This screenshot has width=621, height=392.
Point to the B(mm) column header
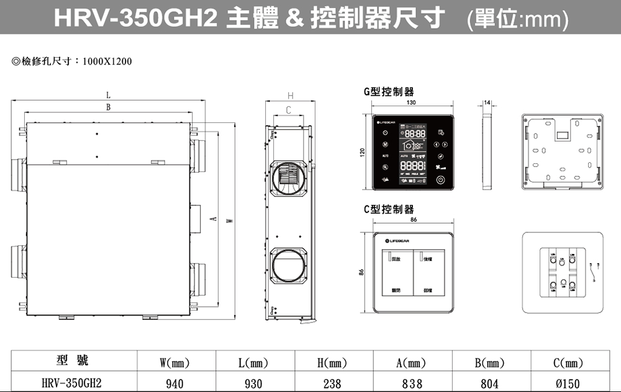[x=489, y=362]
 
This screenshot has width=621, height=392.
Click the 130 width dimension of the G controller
[x=411, y=103]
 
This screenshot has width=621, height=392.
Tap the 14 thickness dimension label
[x=486, y=102]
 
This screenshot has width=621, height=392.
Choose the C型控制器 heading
[x=389, y=209]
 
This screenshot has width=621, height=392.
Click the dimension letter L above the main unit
[x=108, y=96]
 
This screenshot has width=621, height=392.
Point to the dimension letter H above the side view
[x=291, y=96]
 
